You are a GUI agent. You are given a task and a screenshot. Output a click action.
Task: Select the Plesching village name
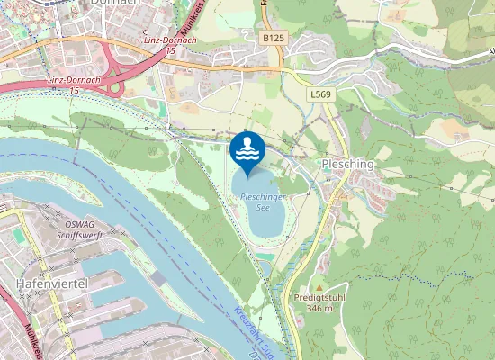click(x=347, y=166)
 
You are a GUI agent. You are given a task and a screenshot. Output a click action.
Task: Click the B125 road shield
click(x=274, y=38)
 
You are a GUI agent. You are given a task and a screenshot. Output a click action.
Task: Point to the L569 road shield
click(x=319, y=94)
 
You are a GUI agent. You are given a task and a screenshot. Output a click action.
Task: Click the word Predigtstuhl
click(x=312, y=297)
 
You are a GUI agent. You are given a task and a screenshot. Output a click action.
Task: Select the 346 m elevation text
click(x=319, y=308)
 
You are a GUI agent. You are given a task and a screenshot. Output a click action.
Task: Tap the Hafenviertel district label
click(x=49, y=284)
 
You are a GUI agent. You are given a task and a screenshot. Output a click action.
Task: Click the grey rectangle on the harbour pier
click(x=159, y=280)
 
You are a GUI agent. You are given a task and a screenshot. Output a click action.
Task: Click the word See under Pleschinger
click(x=263, y=206)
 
